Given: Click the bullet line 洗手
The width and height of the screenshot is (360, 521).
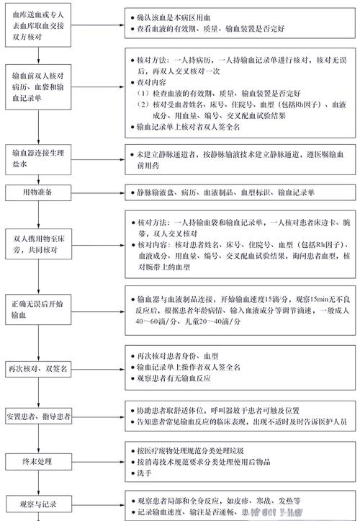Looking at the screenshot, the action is click(x=141, y=473).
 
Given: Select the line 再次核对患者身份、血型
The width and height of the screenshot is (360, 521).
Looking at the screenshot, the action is click(x=177, y=356).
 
